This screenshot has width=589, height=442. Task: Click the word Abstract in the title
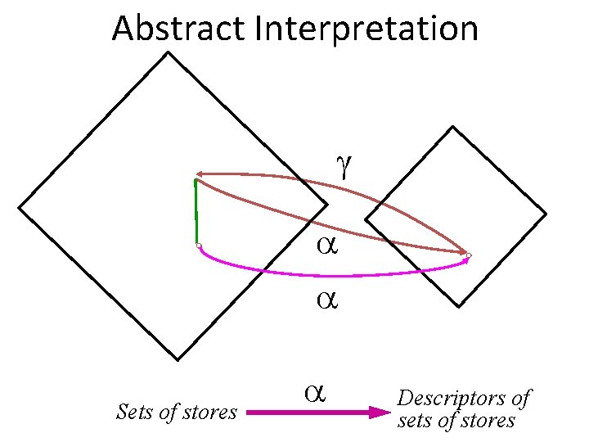180,29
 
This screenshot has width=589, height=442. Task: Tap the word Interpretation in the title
366,29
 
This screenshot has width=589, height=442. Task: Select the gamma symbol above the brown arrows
344,165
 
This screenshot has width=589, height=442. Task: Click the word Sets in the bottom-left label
135,412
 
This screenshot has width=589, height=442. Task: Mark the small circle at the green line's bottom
199,245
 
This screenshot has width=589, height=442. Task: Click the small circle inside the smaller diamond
470,256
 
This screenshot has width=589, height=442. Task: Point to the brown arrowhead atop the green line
200,174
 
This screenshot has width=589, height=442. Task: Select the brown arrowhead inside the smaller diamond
461,251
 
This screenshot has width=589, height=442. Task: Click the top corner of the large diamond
169,53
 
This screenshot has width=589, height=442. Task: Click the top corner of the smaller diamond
451,127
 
